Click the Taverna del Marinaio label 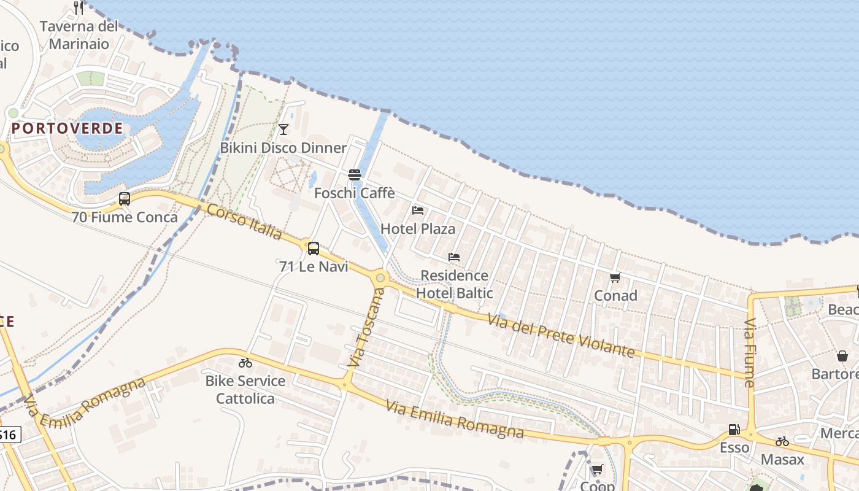(x=79, y=35)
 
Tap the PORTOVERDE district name (x=67, y=128)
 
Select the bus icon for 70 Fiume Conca (x=125, y=199)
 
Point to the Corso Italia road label (x=244, y=222)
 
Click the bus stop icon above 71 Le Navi (x=314, y=249)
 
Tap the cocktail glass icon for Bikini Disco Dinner (x=283, y=129)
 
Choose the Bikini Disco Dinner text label (x=283, y=148)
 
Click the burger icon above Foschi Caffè (x=354, y=175)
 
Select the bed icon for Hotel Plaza (x=418, y=211)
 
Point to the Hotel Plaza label (x=418, y=229)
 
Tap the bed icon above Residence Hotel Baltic (x=454, y=257)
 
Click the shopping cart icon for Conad (x=615, y=277)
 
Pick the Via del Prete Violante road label (x=561, y=335)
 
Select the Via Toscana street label (x=366, y=328)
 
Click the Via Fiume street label (x=750, y=353)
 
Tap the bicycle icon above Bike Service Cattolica (x=245, y=363)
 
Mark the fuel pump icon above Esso (x=734, y=430)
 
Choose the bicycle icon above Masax (x=782, y=441)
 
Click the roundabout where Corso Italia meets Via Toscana (x=380, y=278)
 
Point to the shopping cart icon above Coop (x=596, y=470)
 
